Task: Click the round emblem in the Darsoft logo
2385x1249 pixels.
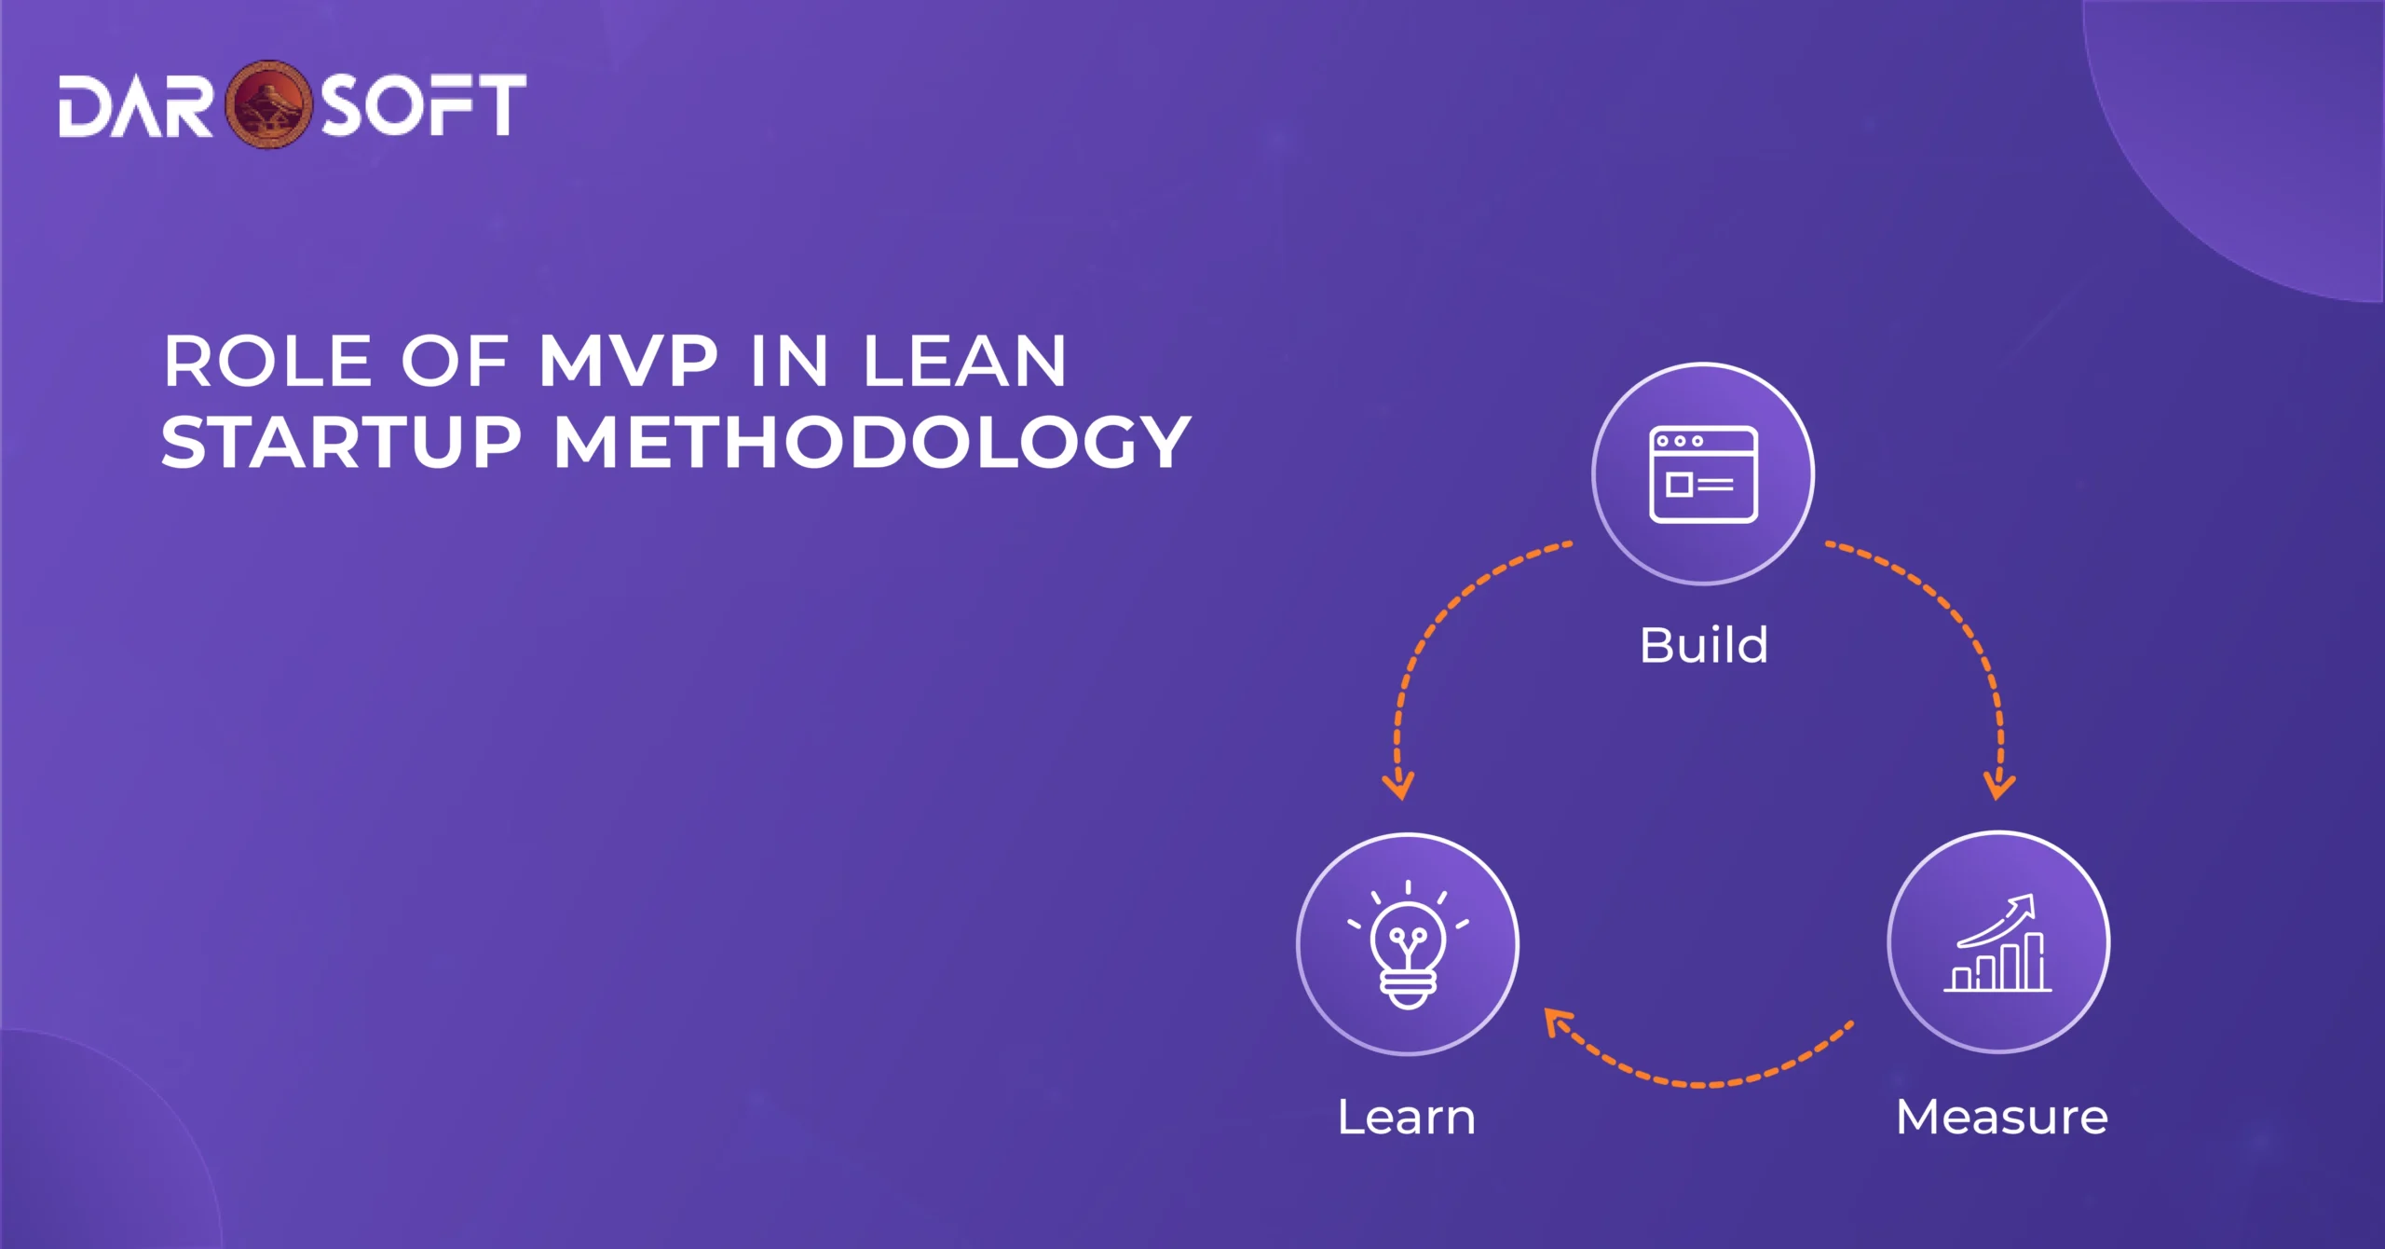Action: coord(269,104)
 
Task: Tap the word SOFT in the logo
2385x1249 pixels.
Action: coord(424,105)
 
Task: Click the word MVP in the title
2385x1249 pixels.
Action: coord(629,362)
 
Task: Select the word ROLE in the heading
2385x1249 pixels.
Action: coord(267,362)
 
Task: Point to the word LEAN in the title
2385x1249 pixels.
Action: coord(964,362)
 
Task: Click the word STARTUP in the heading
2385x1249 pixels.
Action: coord(341,442)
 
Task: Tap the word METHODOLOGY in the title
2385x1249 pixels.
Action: coord(872,442)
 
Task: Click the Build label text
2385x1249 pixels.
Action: coord(1703,645)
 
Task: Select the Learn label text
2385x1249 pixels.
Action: coord(1406,1117)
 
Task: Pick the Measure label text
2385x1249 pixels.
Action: coord(2001,1117)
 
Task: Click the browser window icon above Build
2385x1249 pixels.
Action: coord(1703,474)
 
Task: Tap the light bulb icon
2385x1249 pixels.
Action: coord(1408,945)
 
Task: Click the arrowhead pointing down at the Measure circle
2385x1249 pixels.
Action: coord(1999,785)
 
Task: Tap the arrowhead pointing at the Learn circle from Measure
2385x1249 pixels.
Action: coord(1558,1022)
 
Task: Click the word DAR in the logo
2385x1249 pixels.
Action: coord(135,106)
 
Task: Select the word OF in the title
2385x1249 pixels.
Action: coord(454,362)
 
